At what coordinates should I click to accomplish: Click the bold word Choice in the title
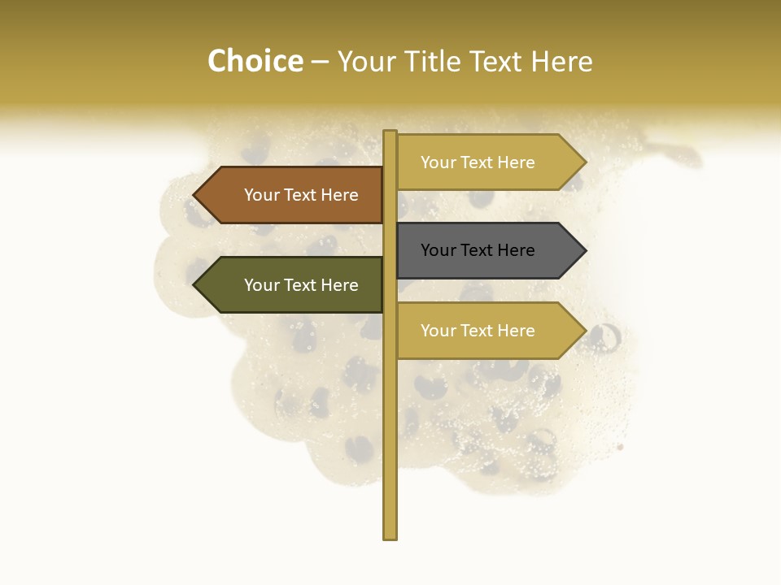(255, 62)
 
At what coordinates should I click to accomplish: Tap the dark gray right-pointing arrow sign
(488, 250)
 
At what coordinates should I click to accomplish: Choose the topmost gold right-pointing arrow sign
(488, 162)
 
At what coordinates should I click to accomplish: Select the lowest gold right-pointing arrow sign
(488, 331)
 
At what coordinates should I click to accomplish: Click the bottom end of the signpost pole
(390, 536)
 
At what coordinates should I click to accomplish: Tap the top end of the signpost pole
(390, 133)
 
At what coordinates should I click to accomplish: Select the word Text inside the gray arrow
(478, 250)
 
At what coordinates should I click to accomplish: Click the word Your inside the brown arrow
(262, 195)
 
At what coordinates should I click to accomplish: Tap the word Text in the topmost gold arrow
(478, 162)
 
